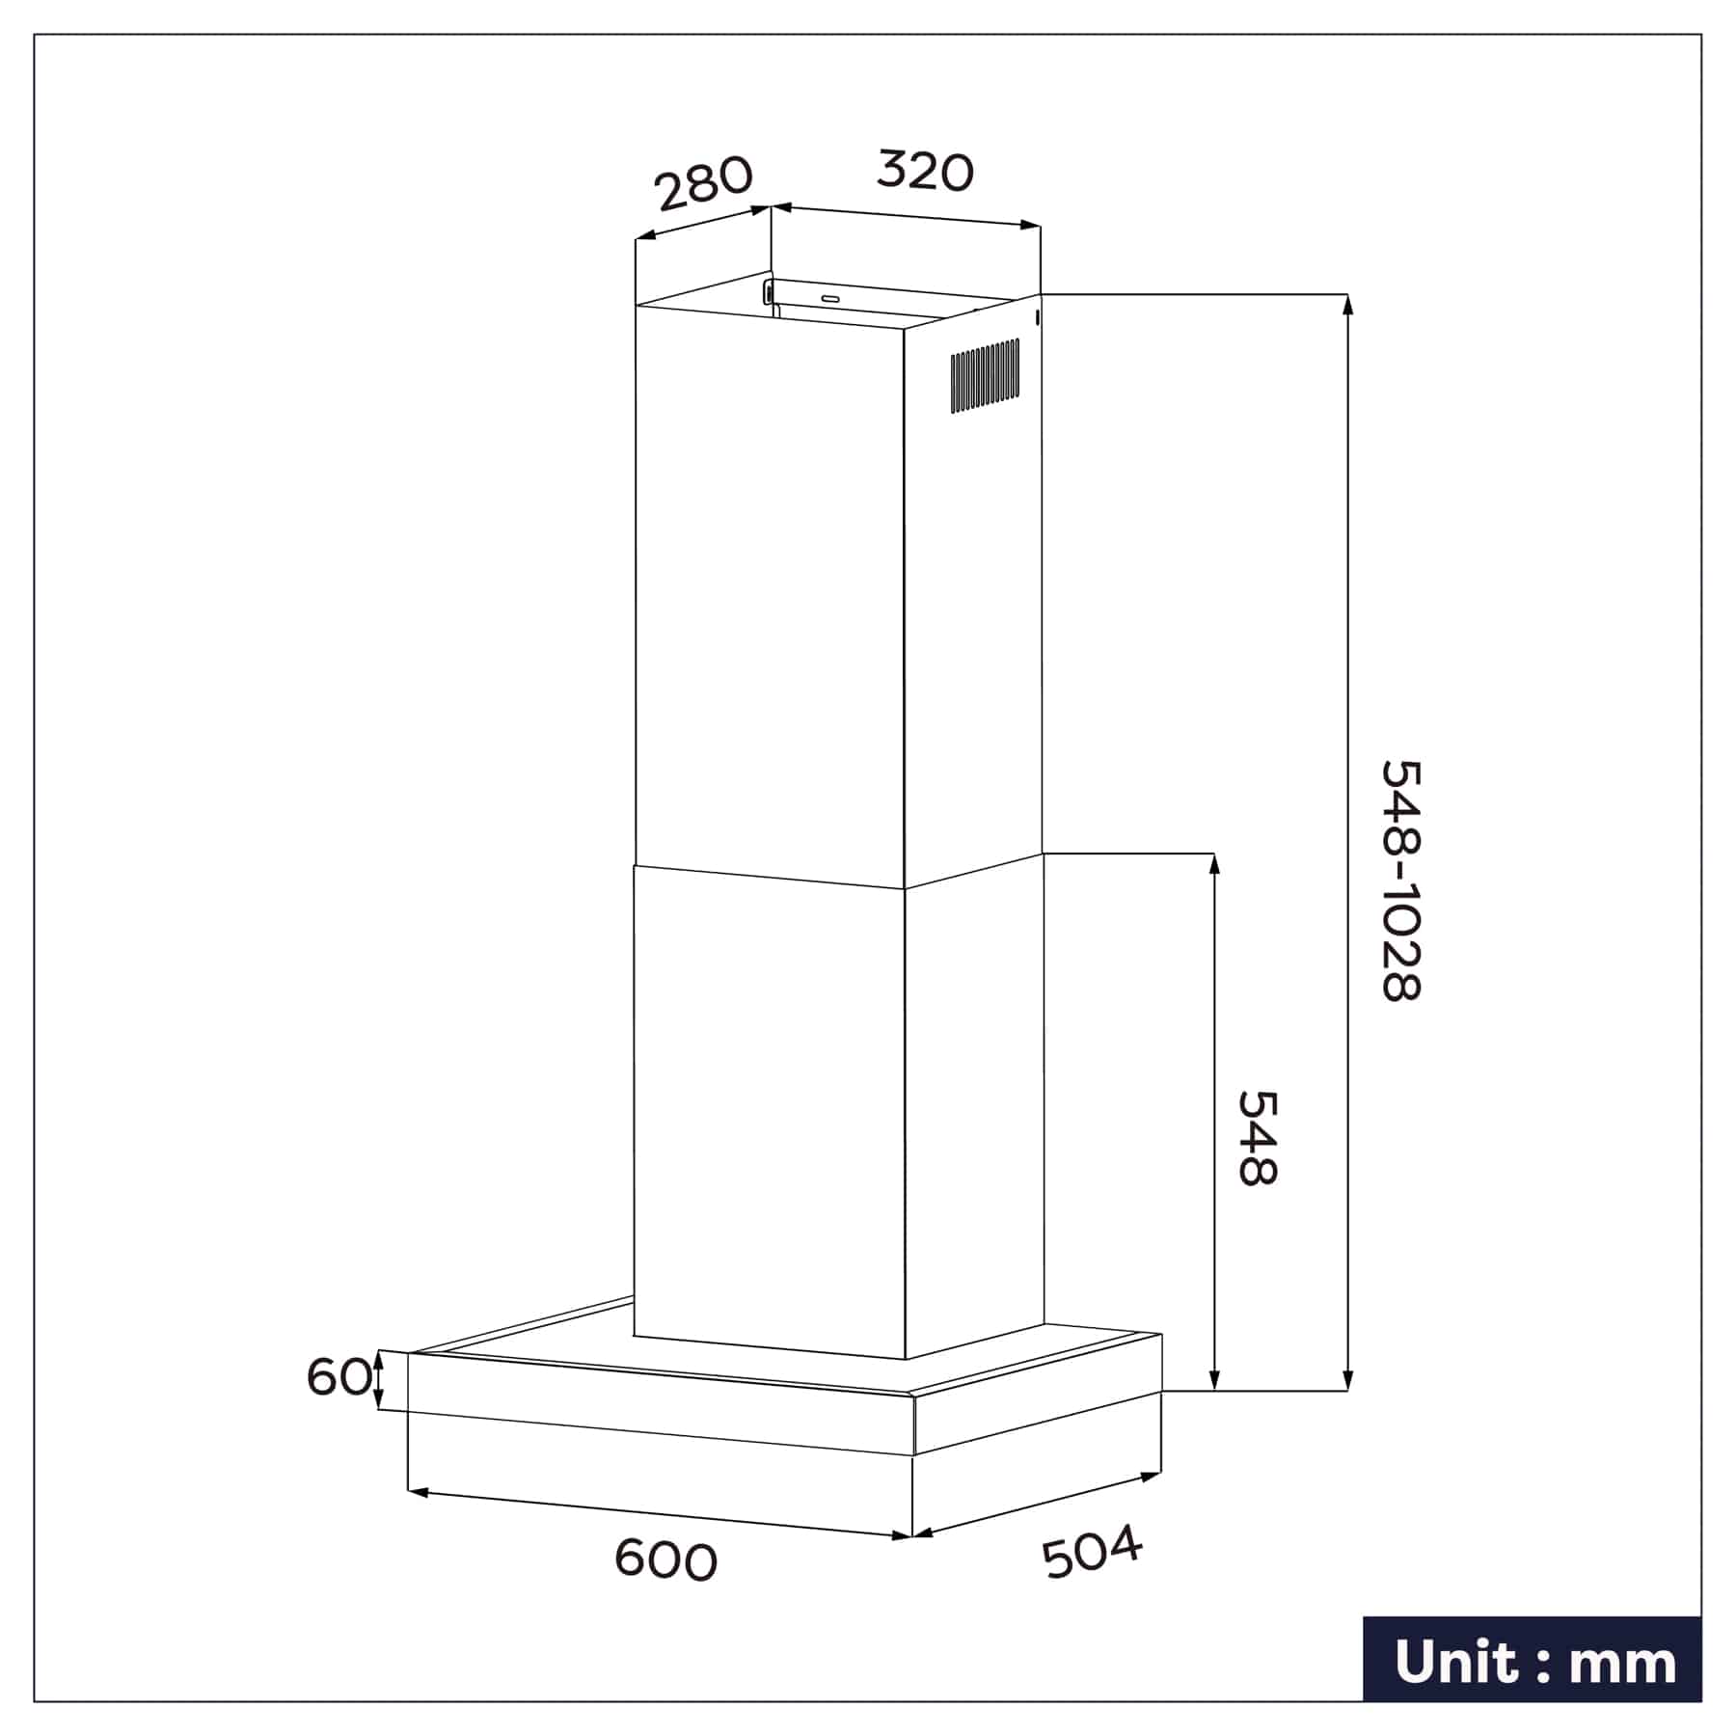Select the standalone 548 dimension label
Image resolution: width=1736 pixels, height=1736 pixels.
click(1257, 1138)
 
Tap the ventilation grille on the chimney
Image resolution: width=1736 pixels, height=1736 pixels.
click(985, 375)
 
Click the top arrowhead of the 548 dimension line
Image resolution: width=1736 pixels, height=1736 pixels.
click(1214, 863)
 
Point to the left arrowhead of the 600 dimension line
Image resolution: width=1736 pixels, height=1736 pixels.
click(418, 1493)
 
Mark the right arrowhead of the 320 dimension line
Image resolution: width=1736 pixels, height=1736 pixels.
click(1032, 227)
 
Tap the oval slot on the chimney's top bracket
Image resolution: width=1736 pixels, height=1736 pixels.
click(829, 299)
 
